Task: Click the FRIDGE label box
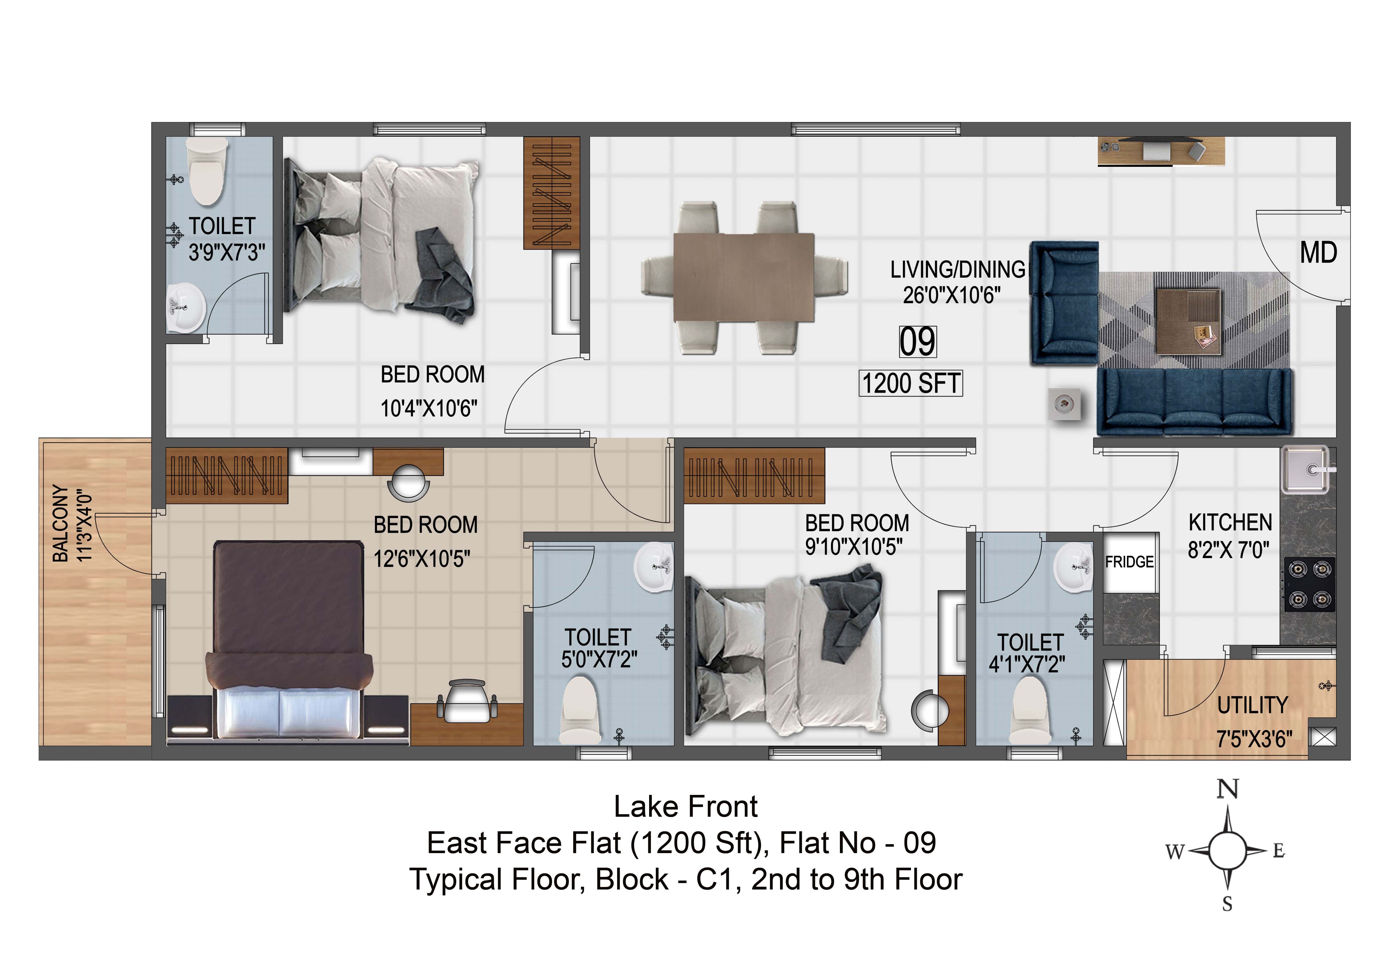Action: pos(1130,563)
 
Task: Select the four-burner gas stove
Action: pos(1310,585)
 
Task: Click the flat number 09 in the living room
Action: pos(917,342)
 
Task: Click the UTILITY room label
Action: pos(1252,706)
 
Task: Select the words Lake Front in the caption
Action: pos(686,807)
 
